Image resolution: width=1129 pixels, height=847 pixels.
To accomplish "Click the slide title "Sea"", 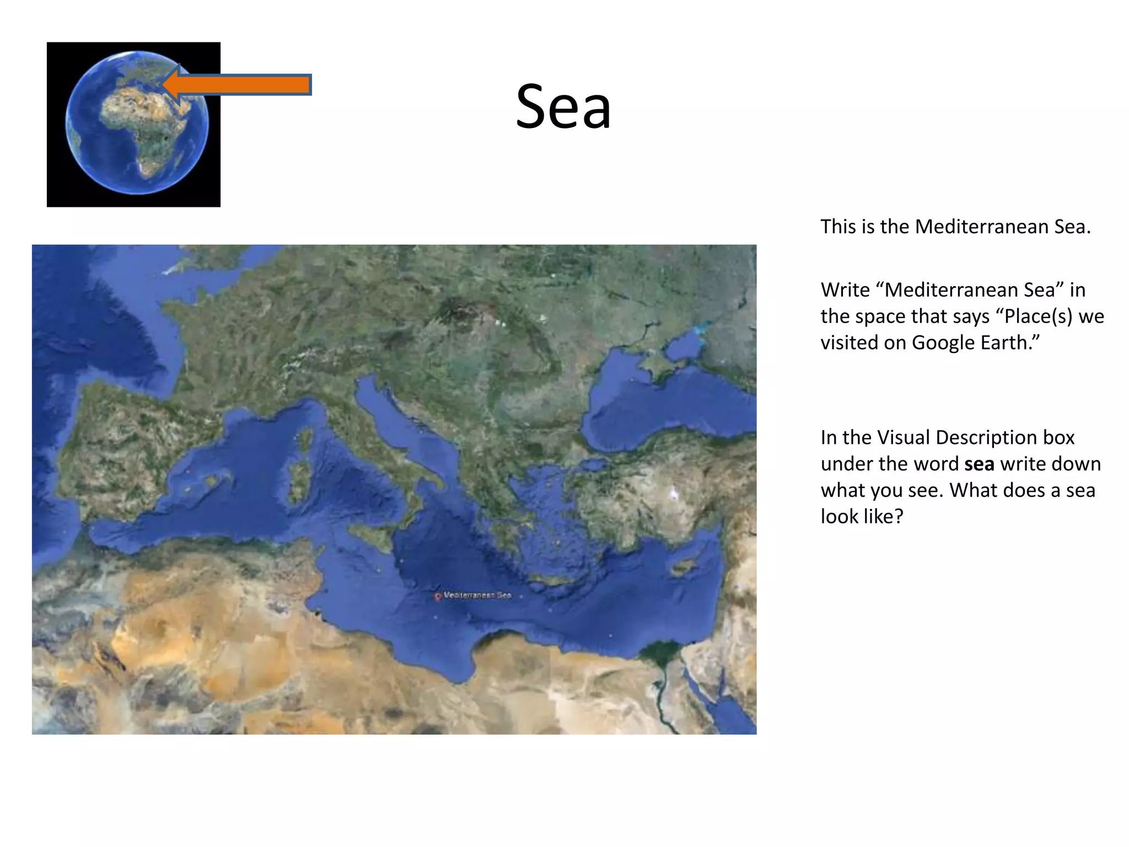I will tap(563, 106).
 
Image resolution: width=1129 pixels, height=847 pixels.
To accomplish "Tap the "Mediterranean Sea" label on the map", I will tap(477, 596).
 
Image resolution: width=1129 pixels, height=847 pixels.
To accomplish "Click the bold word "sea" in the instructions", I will tap(979, 464).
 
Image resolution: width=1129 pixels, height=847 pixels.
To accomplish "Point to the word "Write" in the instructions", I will tap(849, 290).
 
